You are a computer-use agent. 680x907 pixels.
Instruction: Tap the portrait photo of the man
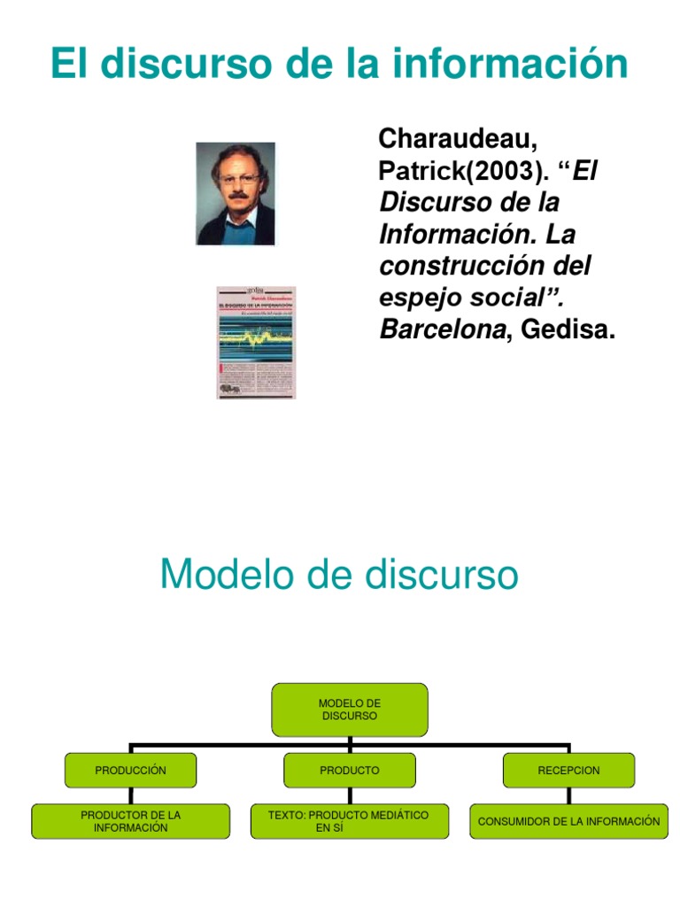tap(235, 193)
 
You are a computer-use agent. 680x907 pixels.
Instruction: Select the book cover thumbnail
tap(256, 342)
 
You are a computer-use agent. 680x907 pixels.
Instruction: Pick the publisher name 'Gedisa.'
tap(567, 330)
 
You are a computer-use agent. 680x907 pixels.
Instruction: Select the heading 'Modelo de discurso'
tap(339, 575)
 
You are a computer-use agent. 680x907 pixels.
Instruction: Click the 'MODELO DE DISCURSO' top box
tap(350, 709)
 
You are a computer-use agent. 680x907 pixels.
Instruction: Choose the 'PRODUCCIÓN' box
tap(130, 771)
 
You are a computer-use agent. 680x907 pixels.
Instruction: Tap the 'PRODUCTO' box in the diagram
tap(350, 771)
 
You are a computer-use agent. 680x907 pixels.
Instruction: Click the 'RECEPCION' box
tap(568, 771)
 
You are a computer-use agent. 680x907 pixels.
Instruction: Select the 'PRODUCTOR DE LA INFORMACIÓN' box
tap(130, 821)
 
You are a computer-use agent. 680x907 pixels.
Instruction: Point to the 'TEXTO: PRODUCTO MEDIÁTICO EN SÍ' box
tap(349, 821)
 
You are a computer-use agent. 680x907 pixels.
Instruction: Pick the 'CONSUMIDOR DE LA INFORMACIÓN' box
tap(568, 821)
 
